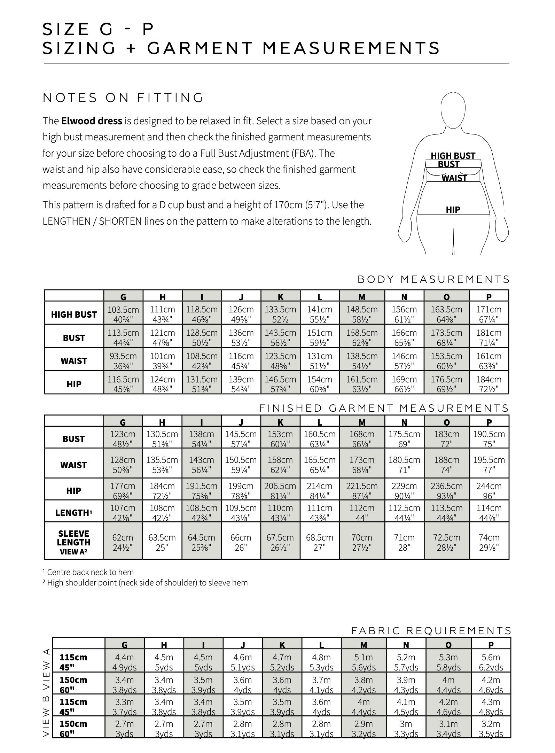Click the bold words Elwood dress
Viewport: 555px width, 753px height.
click(x=92, y=121)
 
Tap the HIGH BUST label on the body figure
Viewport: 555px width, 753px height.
click(x=453, y=156)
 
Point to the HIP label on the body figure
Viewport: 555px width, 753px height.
click(x=453, y=210)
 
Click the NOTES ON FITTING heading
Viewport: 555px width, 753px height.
click(x=123, y=98)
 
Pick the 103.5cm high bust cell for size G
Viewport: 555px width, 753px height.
click(x=123, y=314)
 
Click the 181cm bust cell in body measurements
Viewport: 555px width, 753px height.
click(x=489, y=337)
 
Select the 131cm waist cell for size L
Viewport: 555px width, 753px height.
click(x=319, y=361)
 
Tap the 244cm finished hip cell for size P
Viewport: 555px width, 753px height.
click(x=489, y=490)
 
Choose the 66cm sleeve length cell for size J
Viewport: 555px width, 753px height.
click(x=241, y=542)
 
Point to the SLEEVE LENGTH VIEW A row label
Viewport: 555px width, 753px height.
click(x=74, y=542)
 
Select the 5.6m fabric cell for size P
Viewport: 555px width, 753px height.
click(x=491, y=662)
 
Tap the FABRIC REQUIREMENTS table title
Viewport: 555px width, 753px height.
click(x=431, y=631)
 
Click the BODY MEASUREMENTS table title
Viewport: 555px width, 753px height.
click(x=433, y=279)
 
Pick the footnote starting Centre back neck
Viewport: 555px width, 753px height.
click(x=88, y=572)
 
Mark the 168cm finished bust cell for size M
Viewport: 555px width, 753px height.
click(x=362, y=439)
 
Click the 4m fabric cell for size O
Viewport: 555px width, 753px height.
click(x=448, y=685)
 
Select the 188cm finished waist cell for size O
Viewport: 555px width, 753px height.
click(x=446, y=465)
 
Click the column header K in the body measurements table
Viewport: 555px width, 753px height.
click(x=280, y=297)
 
